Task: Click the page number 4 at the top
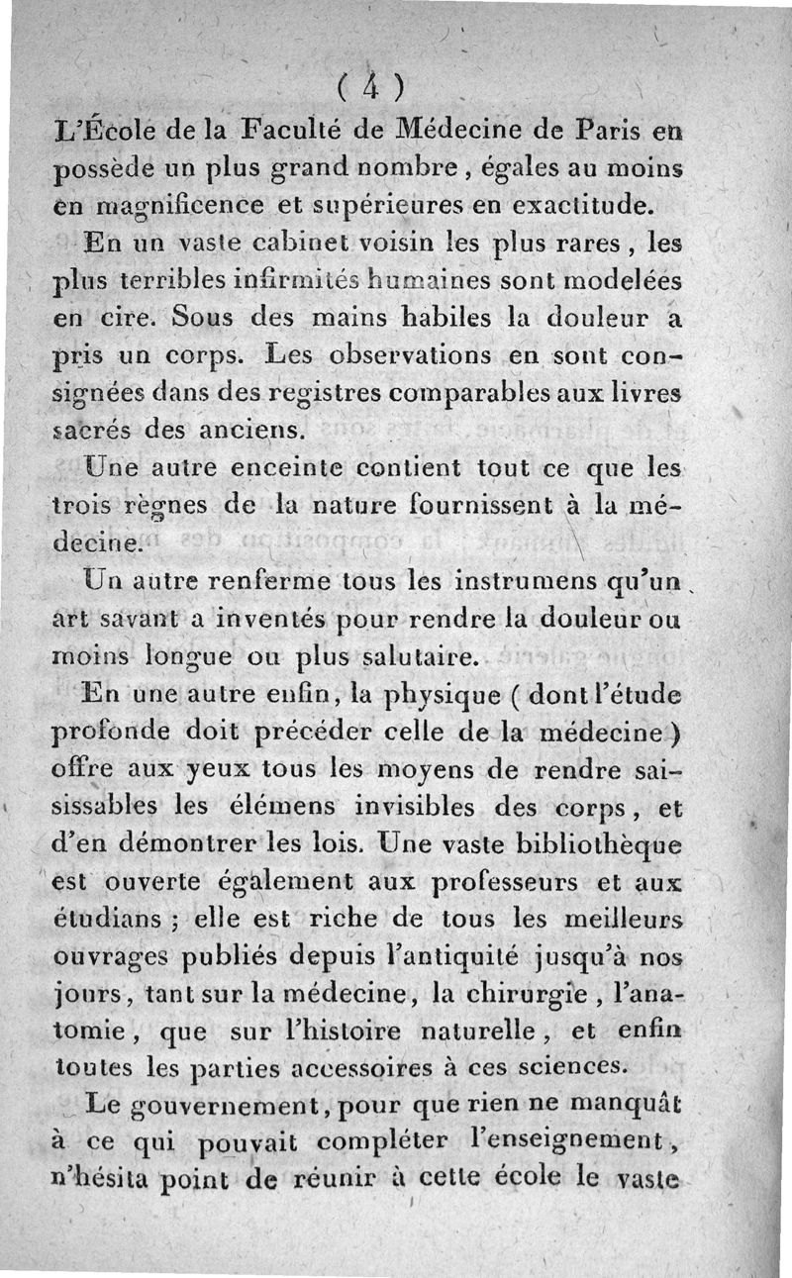coord(368,87)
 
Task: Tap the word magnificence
coord(171,207)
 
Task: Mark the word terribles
coord(161,281)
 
